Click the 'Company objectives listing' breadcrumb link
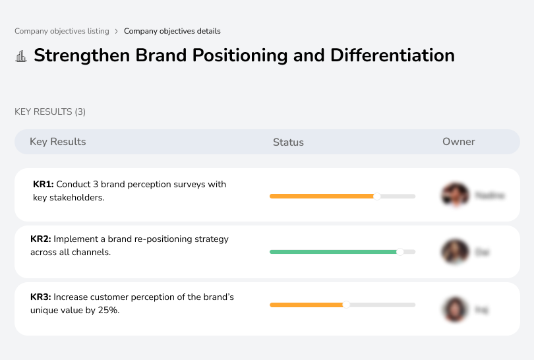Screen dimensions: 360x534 pyautogui.click(x=62, y=31)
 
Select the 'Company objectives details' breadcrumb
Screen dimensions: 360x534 pyautogui.click(x=172, y=31)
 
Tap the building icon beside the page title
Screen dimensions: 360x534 pyautogui.click(x=21, y=56)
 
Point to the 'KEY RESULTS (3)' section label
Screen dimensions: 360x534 pyautogui.click(x=50, y=112)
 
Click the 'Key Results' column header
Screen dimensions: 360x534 pyautogui.click(x=58, y=142)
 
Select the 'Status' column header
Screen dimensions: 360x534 pyautogui.click(x=288, y=142)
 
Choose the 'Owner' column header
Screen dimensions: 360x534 pyautogui.click(x=459, y=142)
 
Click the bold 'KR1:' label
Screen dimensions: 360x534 pyautogui.click(x=43, y=185)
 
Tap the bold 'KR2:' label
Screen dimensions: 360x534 pyautogui.click(x=41, y=239)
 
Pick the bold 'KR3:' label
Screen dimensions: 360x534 pyautogui.click(x=41, y=297)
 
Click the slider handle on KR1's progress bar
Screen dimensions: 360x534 pyautogui.click(x=377, y=196)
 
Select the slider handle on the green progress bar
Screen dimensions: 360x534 pyautogui.click(x=400, y=252)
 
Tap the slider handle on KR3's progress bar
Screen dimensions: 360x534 pyautogui.click(x=346, y=305)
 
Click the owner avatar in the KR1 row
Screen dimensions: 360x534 pyautogui.click(x=455, y=195)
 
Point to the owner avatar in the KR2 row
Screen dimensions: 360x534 pyautogui.click(x=455, y=252)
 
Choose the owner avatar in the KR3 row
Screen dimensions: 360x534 pyautogui.click(x=455, y=309)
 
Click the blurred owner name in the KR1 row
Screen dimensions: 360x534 pyautogui.click(x=489, y=196)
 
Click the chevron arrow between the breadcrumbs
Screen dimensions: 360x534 pyautogui.click(x=117, y=31)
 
